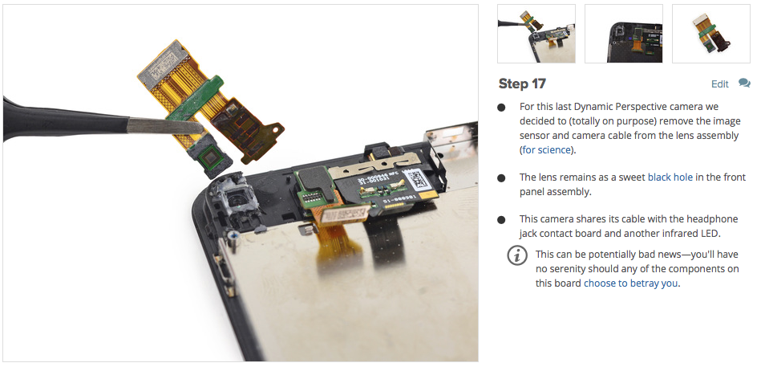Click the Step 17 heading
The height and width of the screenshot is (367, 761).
523,84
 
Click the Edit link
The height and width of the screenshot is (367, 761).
719,84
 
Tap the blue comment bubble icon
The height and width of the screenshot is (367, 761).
744,83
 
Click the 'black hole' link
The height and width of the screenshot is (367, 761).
670,177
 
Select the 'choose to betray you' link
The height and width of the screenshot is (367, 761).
631,283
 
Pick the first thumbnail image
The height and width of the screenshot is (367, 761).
536,34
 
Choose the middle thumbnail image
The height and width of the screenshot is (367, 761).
623,34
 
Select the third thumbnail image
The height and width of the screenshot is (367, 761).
710,34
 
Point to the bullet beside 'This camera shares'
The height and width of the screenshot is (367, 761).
502,219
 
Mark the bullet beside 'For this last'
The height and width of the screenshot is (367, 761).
502,108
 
